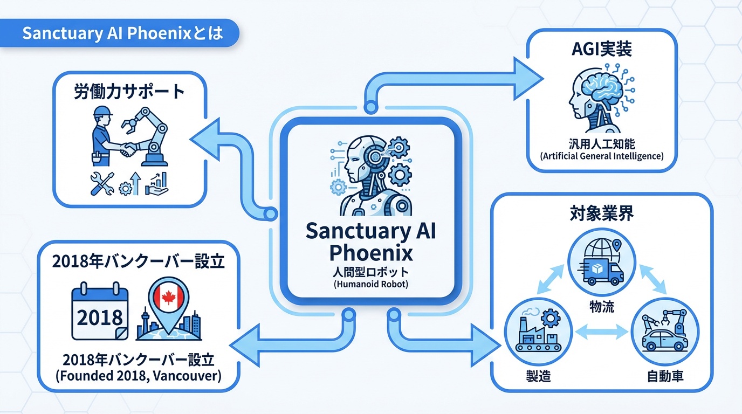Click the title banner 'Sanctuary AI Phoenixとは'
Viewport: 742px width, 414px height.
point(122,34)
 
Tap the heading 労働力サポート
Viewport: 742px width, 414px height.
point(129,91)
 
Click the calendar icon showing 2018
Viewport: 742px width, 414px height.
point(100,313)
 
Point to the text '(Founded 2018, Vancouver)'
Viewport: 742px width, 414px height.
point(139,376)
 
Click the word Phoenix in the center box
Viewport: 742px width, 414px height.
point(370,252)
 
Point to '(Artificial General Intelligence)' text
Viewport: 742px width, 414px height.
point(601,156)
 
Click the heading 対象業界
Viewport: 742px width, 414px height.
point(601,214)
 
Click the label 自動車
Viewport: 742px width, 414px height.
point(665,376)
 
